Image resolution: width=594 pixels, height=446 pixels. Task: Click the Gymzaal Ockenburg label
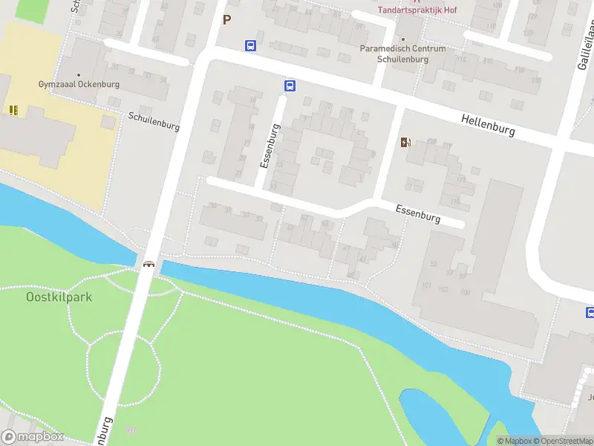[79, 85]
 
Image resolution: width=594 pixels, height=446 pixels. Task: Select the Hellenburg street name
[488, 124]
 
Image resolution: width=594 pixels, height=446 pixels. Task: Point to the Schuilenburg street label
[154, 121]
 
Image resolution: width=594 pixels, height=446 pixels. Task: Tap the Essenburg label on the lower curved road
[418, 214]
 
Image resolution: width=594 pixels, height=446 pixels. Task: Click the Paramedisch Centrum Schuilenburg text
[403, 54]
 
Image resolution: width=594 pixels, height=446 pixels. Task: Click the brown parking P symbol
[227, 20]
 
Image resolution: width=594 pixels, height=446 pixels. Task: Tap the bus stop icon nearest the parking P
[251, 45]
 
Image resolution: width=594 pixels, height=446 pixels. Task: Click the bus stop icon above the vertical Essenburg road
[290, 85]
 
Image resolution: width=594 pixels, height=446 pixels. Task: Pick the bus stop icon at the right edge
[590, 312]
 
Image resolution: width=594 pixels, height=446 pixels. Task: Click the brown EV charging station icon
[405, 143]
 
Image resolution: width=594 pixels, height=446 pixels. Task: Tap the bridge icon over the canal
[148, 264]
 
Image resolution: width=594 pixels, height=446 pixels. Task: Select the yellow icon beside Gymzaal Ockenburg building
[13, 109]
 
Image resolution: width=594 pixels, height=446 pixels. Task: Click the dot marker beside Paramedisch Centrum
[403, 39]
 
